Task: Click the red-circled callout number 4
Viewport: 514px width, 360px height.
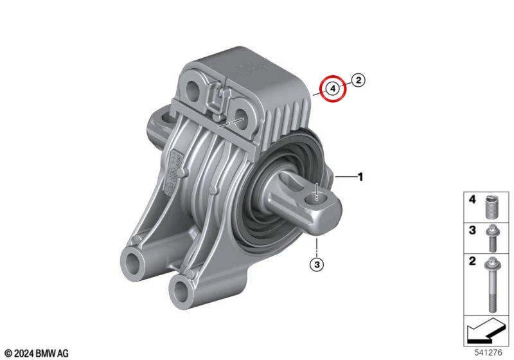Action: pyautogui.click(x=333, y=88)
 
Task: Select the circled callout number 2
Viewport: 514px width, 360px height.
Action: pyautogui.click(x=359, y=80)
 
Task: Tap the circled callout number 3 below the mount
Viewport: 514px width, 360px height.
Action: pyautogui.click(x=317, y=264)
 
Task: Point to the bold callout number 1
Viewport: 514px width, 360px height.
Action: pyautogui.click(x=360, y=177)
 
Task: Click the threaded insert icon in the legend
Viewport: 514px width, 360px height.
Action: pyautogui.click(x=490, y=206)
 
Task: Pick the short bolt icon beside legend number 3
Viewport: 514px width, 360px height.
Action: pyautogui.click(x=492, y=238)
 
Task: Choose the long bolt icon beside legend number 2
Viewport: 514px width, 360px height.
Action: pyautogui.click(x=492, y=284)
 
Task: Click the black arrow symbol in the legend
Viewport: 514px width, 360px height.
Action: pyautogui.click(x=485, y=331)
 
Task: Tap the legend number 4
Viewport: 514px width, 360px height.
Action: pyautogui.click(x=472, y=199)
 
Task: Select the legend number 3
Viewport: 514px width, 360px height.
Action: pyautogui.click(x=472, y=230)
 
